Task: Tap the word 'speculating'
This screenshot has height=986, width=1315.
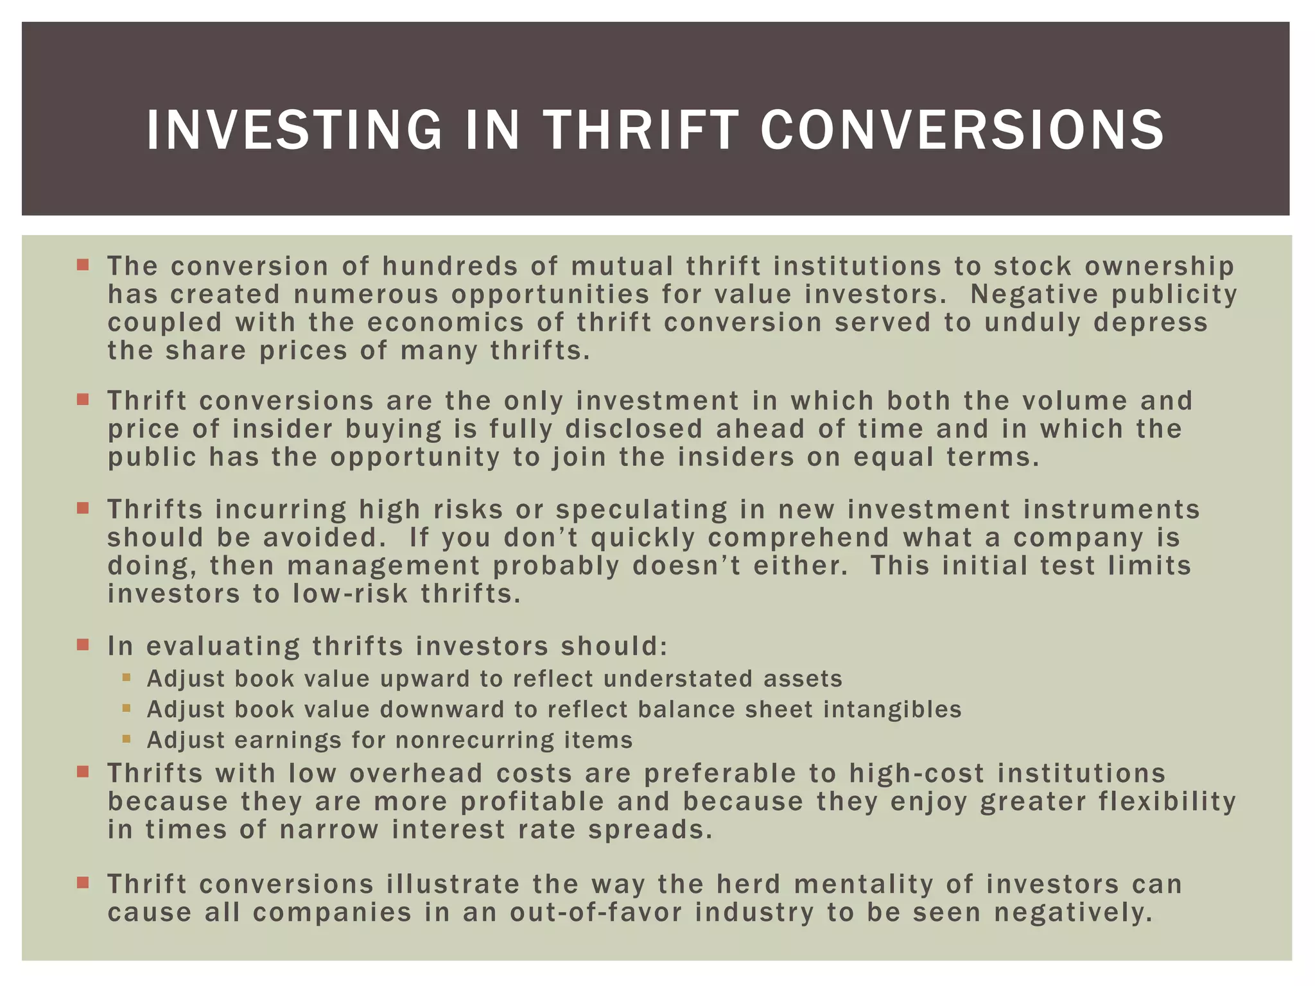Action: point(641,510)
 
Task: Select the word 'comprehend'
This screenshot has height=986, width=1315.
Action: point(799,538)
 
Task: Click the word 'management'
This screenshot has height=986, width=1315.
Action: point(383,566)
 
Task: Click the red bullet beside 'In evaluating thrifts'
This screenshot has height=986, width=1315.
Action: point(83,644)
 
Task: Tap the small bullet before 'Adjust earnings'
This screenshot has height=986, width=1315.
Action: point(126,739)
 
